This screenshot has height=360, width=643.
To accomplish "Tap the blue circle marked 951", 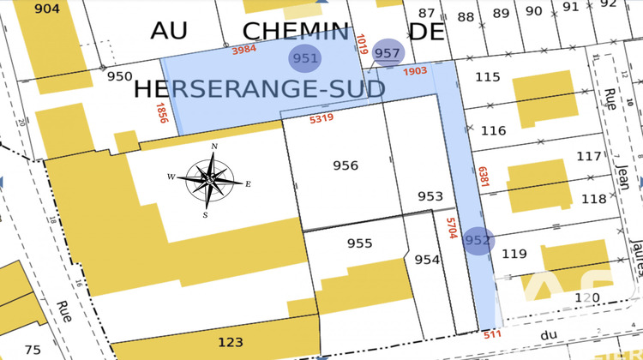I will coord(305,59).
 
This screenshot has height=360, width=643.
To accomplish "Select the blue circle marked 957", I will coord(388,53).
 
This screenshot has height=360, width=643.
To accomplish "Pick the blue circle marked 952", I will coord(478,241).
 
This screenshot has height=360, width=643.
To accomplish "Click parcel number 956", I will coord(345,165).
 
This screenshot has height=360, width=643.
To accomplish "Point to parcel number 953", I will coord(430,196).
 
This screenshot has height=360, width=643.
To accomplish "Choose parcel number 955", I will coord(359,243).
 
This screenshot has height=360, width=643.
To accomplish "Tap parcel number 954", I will coord(426,260).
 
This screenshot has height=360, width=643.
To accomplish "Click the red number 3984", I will coord(244,49).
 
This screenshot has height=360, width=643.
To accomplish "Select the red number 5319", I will coord(321,118).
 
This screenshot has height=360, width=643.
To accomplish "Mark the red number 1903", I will coord(414,70).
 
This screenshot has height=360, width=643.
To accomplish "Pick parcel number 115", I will coord(487,77).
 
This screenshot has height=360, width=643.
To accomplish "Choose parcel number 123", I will coord(230,342).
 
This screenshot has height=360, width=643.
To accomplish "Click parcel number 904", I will coord(48,9).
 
